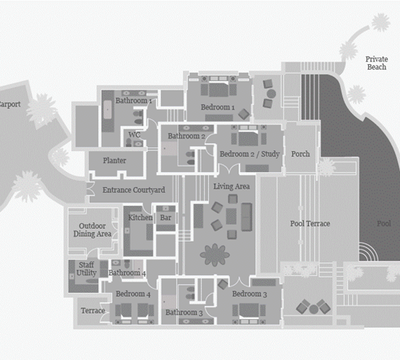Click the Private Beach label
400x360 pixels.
tap(377, 63)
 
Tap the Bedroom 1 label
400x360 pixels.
tap(218, 107)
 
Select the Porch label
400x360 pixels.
tap(300, 154)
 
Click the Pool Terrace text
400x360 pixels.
tap(310, 223)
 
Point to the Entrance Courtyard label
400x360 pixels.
tap(134, 190)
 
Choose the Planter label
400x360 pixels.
tap(114, 161)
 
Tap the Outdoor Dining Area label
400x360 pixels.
tap(92, 230)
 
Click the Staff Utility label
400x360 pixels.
tap(86, 269)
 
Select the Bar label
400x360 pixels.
tap(166, 218)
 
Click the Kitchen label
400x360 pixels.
tap(140, 218)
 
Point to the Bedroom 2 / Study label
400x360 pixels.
tap(250, 154)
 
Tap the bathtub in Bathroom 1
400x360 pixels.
tap(107, 110)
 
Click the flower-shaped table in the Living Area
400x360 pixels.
tap(214, 255)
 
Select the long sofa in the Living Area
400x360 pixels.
tap(246, 217)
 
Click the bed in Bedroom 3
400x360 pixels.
tap(249, 311)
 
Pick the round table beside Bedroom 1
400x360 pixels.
tap(271, 94)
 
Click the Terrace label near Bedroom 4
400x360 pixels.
tap(93, 310)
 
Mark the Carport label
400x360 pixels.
tap(10, 104)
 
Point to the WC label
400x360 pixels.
tap(134, 134)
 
